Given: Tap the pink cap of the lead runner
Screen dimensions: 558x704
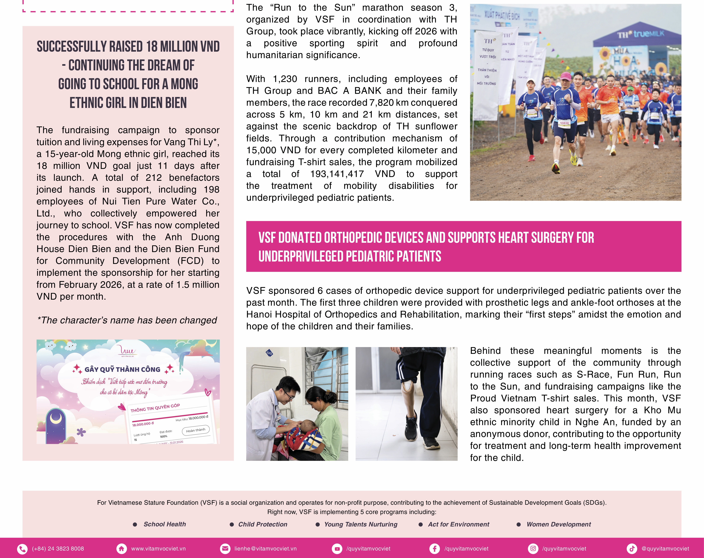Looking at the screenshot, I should [566, 77].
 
